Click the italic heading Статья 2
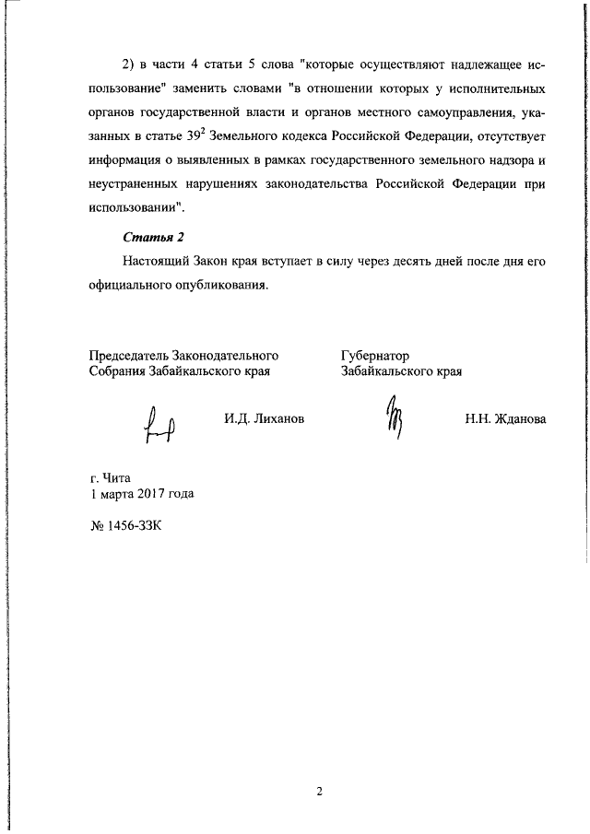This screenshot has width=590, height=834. [148, 237]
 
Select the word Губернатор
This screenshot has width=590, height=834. [374, 356]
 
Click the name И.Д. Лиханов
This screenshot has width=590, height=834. [264, 419]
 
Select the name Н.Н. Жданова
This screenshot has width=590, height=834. [505, 419]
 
